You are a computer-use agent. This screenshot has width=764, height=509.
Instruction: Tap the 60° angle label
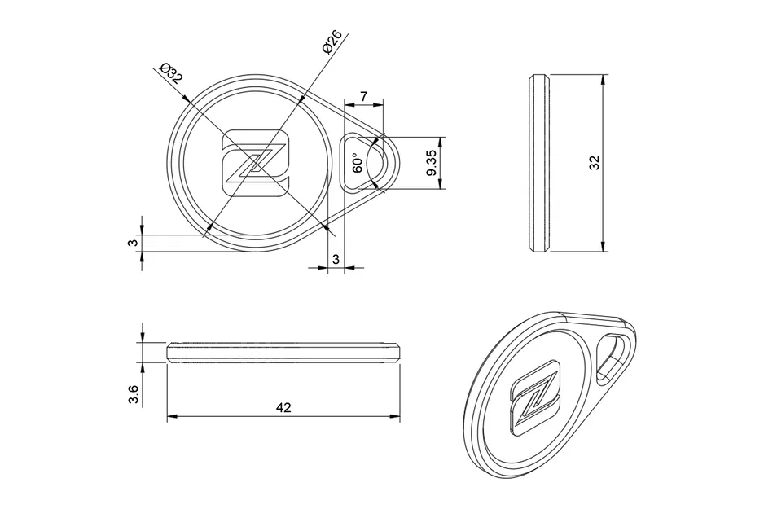click(x=357, y=163)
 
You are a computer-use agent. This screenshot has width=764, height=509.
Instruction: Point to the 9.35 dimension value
click(x=431, y=163)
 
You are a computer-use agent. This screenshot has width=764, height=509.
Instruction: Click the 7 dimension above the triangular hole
click(x=363, y=97)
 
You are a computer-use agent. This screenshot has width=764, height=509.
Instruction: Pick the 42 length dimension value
click(x=283, y=407)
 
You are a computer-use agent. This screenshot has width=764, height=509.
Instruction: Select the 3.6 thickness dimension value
click(x=134, y=395)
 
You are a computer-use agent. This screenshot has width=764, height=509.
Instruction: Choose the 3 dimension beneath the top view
click(x=335, y=259)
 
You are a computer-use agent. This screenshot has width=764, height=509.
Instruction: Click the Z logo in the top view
click(x=256, y=163)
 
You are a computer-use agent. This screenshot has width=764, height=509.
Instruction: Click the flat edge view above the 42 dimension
click(x=283, y=352)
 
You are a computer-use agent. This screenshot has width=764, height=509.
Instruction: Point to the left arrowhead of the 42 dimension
click(x=171, y=418)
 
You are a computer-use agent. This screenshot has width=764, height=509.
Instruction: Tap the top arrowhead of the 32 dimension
click(x=603, y=80)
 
